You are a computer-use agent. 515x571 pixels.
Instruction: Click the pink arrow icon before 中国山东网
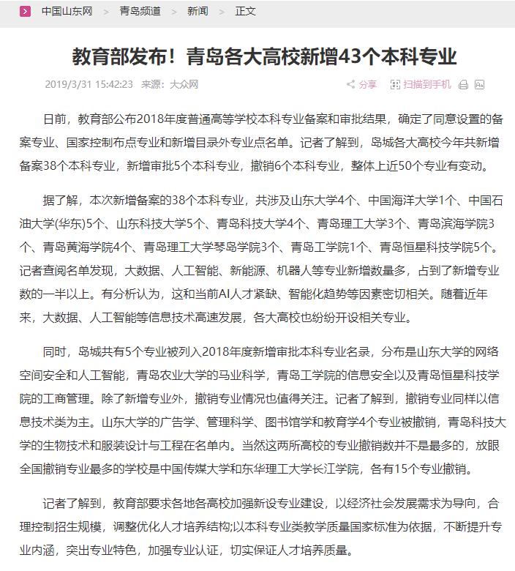tap(26, 11)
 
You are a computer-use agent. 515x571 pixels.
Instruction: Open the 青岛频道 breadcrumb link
tap(140, 11)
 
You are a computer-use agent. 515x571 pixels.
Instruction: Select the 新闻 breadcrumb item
tap(198, 11)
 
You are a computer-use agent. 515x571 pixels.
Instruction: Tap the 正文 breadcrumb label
tap(246, 11)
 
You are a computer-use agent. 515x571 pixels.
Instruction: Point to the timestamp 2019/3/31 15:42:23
tap(89, 85)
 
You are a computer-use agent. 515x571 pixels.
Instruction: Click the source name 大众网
tap(184, 85)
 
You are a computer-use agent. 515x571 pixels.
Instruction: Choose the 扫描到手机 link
tap(427, 85)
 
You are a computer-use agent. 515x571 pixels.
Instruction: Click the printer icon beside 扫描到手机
tap(463, 85)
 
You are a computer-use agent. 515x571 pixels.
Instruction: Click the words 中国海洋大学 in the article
tap(407, 199)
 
